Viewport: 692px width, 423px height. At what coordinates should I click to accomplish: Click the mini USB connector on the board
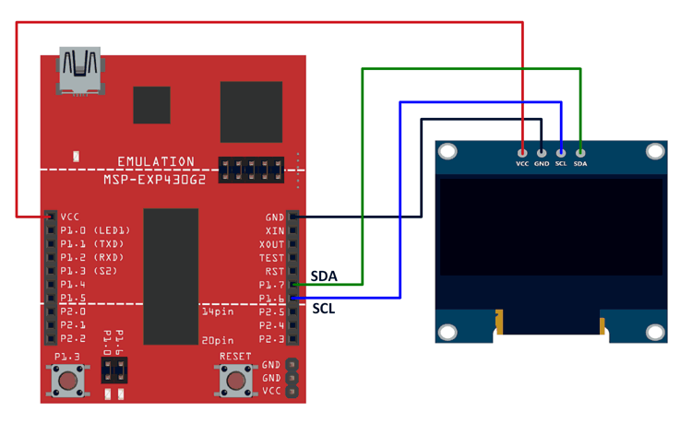[x=79, y=71]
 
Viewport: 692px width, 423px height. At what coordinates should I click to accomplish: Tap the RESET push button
[x=234, y=379]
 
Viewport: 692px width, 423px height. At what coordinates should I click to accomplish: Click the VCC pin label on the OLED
[x=522, y=164]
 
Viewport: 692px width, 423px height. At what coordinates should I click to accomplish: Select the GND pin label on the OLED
[x=542, y=164]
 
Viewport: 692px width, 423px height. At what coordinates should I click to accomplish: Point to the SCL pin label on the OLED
[x=561, y=164]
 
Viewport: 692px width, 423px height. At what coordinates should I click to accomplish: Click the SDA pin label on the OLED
[x=580, y=164]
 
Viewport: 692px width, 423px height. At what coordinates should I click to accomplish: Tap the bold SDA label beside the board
[x=324, y=276]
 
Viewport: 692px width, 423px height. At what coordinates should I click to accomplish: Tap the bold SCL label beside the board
[x=324, y=308]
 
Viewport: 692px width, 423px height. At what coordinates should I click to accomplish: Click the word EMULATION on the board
[x=156, y=161]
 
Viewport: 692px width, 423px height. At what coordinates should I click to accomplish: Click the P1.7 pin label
[x=272, y=286]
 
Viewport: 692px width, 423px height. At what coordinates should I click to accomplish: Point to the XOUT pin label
[x=272, y=245]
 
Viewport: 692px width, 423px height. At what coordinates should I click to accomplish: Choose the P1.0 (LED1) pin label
[x=95, y=231]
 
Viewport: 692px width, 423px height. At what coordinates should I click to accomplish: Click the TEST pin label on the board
[x=272, y=259]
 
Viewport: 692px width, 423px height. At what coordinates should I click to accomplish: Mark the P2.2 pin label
[x=73, y=339]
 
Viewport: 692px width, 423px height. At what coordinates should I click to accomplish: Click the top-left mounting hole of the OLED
[x=448, y=151]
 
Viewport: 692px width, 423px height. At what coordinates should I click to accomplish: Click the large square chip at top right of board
[x=251, y=112]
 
